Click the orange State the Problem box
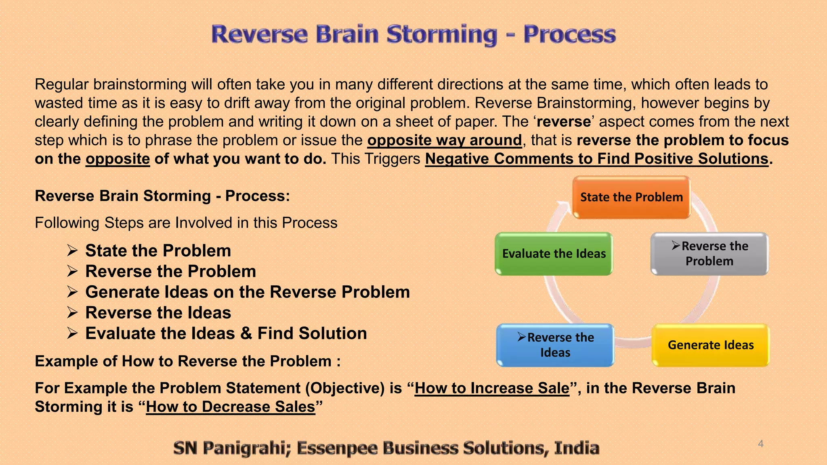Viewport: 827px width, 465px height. (x=631, y=197)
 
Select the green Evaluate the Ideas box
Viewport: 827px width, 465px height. (x=554, y=254)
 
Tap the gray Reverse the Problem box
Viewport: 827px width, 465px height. (x=709, y=254)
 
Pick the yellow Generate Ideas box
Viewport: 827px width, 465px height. (x=710, y=345)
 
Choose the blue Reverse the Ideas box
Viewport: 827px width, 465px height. (x=555, y=345)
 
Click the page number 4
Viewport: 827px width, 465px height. (x=760, y=444)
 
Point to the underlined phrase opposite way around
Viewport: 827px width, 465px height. (x=444, y=140)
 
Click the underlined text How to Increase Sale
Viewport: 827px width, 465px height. (x=491, y=388)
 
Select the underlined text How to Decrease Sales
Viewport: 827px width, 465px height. (x=230, y=407)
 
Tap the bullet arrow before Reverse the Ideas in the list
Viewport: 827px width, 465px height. (x=72, y=313)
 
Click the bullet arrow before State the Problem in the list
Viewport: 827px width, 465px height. (x=72, y=251)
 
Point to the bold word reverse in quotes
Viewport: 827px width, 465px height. (x=564, y=122)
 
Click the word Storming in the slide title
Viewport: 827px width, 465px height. (x=441, y=34)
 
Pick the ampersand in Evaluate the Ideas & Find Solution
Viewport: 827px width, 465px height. (x=246, y=334)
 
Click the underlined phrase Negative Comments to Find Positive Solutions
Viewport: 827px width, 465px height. (x=596, y=159)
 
